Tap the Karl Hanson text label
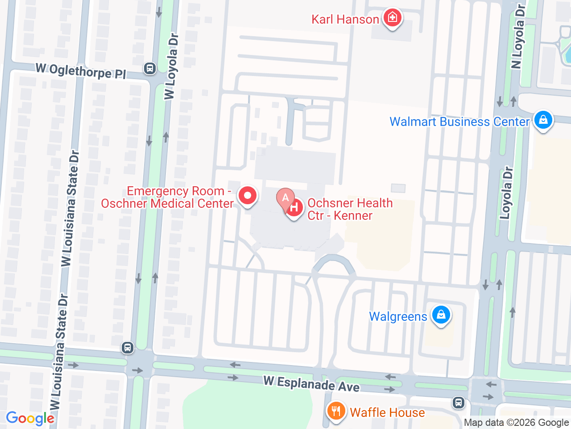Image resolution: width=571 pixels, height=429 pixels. [x=345, y=20]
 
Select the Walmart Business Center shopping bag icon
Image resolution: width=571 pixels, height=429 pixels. [x=543, y=120]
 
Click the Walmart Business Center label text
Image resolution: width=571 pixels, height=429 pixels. [x=459, y=122]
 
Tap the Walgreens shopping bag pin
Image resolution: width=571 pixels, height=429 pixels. [x=441, y=315]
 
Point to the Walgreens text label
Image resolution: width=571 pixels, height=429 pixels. [x=398, y=317]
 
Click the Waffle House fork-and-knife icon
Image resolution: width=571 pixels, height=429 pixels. [x=336, y=411]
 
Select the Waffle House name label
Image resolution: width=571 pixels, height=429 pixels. [x=387, y=412]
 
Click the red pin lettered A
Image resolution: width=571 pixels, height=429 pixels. [x=285, y=198]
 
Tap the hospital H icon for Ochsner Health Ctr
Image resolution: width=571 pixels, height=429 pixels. [x=294, y=208]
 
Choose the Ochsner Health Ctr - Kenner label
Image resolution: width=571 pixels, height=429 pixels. [x=350, y=209]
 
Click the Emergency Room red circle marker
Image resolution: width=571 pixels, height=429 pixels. [x=247, y=196]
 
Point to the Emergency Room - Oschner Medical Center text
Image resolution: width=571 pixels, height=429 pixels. [x=167, y=197]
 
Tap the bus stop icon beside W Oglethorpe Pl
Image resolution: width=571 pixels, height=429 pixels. [x=150, y=68]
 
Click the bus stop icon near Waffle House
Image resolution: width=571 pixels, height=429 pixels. [x=458, y=403]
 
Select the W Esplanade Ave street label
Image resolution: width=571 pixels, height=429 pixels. [x=311, y=384]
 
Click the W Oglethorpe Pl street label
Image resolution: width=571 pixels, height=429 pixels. [x=81, y=71]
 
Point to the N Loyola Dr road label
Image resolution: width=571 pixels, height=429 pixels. [x=518, y=37]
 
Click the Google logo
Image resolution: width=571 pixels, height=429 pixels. [x=30, y=419]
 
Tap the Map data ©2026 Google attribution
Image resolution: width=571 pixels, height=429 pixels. [x=516, y=422]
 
